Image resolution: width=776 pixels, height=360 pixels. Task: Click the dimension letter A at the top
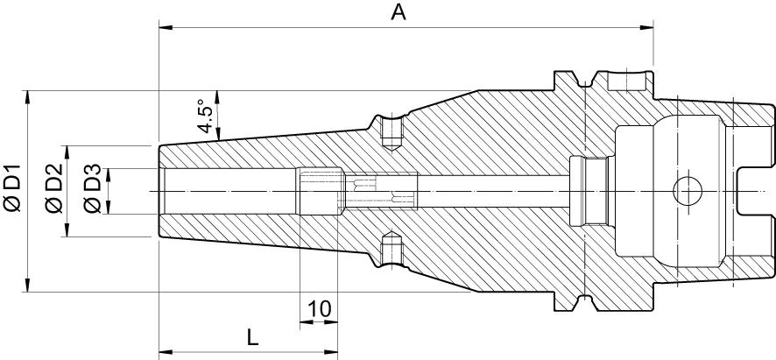399,12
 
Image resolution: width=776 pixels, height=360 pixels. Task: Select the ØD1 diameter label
13,188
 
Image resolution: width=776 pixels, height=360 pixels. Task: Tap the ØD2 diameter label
53,189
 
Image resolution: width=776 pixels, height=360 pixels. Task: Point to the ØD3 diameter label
91,189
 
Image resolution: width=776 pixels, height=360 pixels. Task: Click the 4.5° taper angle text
204,117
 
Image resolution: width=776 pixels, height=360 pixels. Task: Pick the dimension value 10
320,308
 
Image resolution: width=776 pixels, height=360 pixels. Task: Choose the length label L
251,336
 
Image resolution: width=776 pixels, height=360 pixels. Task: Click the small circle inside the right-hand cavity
686,190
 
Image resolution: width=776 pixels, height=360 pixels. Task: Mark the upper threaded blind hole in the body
390,131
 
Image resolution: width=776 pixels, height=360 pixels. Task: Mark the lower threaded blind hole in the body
390,248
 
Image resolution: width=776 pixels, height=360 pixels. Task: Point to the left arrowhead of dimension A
165,27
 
